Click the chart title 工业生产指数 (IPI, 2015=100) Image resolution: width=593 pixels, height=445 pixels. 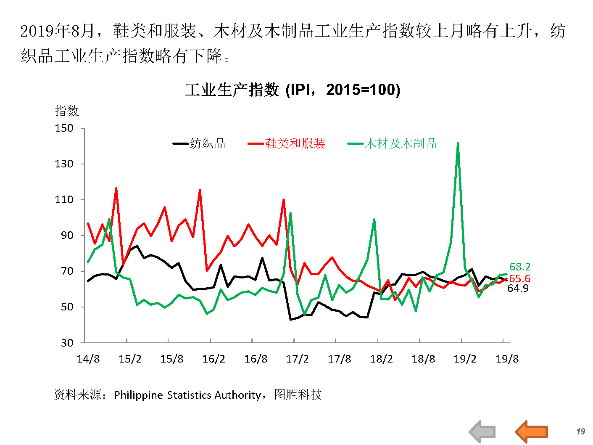point(293,90)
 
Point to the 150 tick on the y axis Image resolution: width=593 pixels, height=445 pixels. point(64,128)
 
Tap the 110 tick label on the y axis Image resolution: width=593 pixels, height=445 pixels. point(64,200)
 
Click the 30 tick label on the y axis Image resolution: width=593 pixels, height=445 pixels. point(67,343)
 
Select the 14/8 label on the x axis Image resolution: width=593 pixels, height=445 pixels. point(88,359)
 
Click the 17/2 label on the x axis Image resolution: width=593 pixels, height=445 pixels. point(298,359)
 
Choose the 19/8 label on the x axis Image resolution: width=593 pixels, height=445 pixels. point(507,359)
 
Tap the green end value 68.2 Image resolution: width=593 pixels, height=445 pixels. point(520,267)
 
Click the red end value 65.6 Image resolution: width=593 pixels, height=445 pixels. point(520,278)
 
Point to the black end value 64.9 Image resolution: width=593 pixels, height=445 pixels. point(518,288)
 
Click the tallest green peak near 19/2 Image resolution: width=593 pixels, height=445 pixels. point(458,143)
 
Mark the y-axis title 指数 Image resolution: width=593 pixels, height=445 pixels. point(67,111)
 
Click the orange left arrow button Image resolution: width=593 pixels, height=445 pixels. point(531,431)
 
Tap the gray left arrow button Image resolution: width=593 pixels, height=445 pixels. point(482,431)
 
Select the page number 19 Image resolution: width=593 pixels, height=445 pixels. point(580,431)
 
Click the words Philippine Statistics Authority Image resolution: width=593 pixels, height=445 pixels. point(187,395)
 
